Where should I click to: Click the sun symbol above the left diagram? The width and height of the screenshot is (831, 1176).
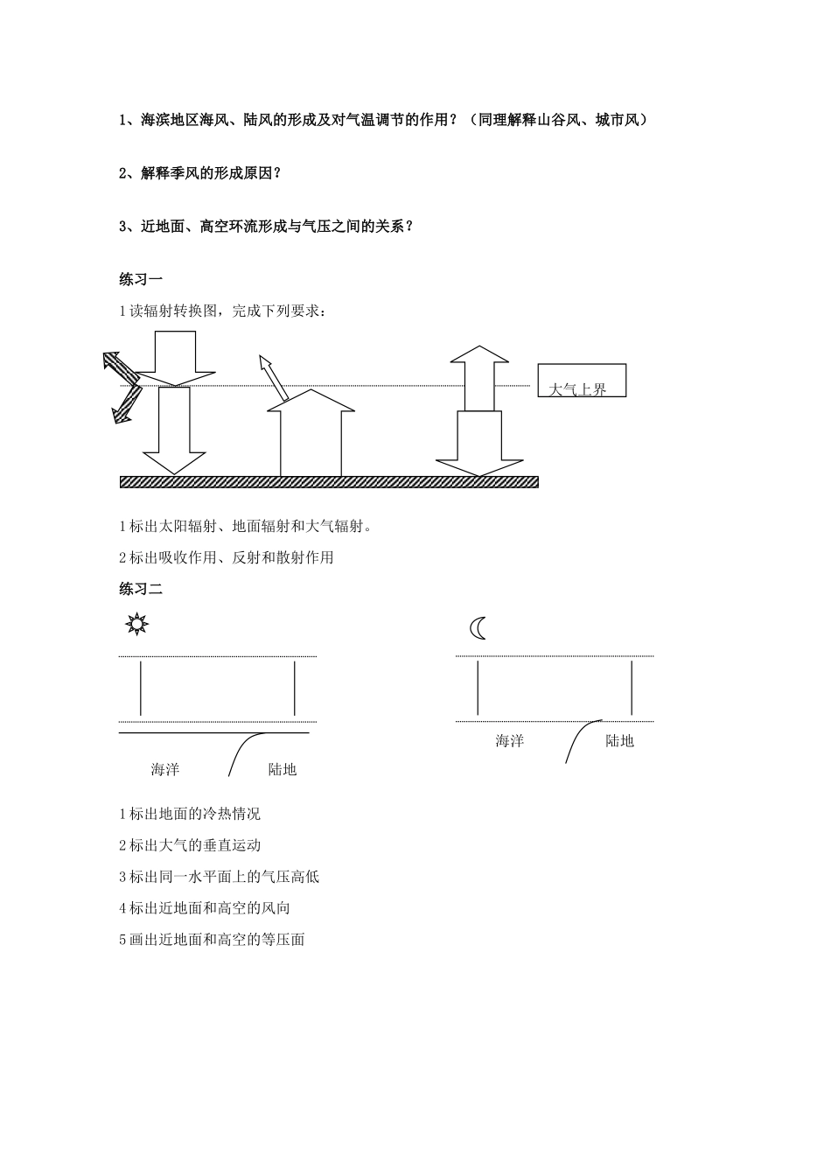(x=136, y=624)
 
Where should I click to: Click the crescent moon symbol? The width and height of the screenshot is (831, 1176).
(x=478, y=628)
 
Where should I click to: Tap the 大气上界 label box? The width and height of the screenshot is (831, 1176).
(x=582, y=381)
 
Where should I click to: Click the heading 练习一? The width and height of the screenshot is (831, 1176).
(x=141, y=279)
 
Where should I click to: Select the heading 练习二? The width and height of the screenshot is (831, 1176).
(x=141, y=589)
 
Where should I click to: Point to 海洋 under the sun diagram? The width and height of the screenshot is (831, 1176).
(x=164, y=769)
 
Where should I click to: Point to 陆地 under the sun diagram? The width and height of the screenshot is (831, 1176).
(x=283, y=769)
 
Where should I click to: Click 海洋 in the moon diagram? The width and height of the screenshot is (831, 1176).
(x=509, y=741)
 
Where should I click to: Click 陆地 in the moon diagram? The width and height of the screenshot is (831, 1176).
(x=619, y=741)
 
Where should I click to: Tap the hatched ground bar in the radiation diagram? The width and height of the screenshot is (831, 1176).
(x=329, y=481)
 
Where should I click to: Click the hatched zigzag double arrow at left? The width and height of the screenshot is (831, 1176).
(x=122, y=385)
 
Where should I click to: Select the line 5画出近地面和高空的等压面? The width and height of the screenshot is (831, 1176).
(x=212, y=940)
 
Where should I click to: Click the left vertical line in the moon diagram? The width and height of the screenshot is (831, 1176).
(x=478, y=688)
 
